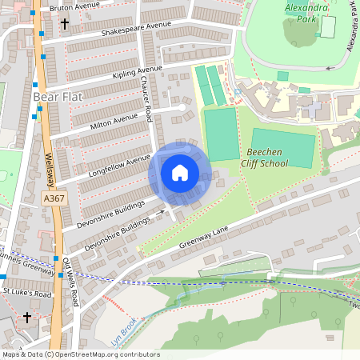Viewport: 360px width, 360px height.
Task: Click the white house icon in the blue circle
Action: [x=180, y=173]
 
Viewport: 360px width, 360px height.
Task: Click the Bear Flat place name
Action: [x=57, y=98]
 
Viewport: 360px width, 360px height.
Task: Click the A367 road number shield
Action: [x=54, y=198]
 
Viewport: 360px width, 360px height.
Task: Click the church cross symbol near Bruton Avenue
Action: [x=64, y=24]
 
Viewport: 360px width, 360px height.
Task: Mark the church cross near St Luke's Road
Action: [x=26, y=317]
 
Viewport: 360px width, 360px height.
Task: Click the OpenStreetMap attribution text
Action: [x=80, y=354]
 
